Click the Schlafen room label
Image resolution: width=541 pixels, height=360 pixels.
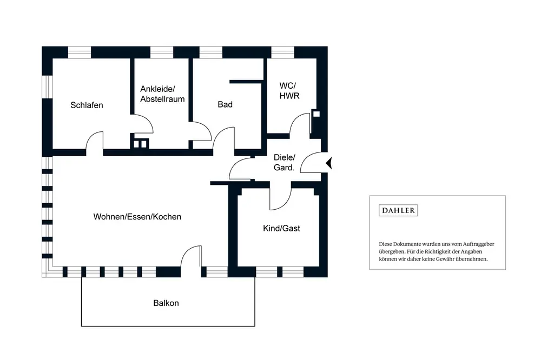click(x=87, y=105)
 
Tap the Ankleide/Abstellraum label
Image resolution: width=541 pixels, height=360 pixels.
click(x=162, y=94)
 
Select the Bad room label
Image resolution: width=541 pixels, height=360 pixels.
click(x=225, y=104)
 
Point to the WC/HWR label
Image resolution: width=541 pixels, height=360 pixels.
click(x=289, y=90)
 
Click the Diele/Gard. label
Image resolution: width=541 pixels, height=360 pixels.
click(x=284, y=162)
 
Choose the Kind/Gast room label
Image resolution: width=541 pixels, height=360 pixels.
click(x=281, y=228)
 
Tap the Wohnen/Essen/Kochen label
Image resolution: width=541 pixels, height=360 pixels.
click(x=137, y=217)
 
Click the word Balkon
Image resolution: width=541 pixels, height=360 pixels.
click(x=166, y=303)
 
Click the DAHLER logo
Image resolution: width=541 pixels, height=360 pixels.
click(x=399, y=210)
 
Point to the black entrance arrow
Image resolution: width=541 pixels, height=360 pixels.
click(x=329, y=163)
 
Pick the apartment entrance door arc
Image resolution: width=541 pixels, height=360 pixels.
click(x=311, y=162)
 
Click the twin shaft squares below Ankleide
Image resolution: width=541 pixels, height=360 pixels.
click(x=140, y=144)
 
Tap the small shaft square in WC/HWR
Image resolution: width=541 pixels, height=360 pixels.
click(x=316, y=114)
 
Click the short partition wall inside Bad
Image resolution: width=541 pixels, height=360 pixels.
click(x=246, y=82)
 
